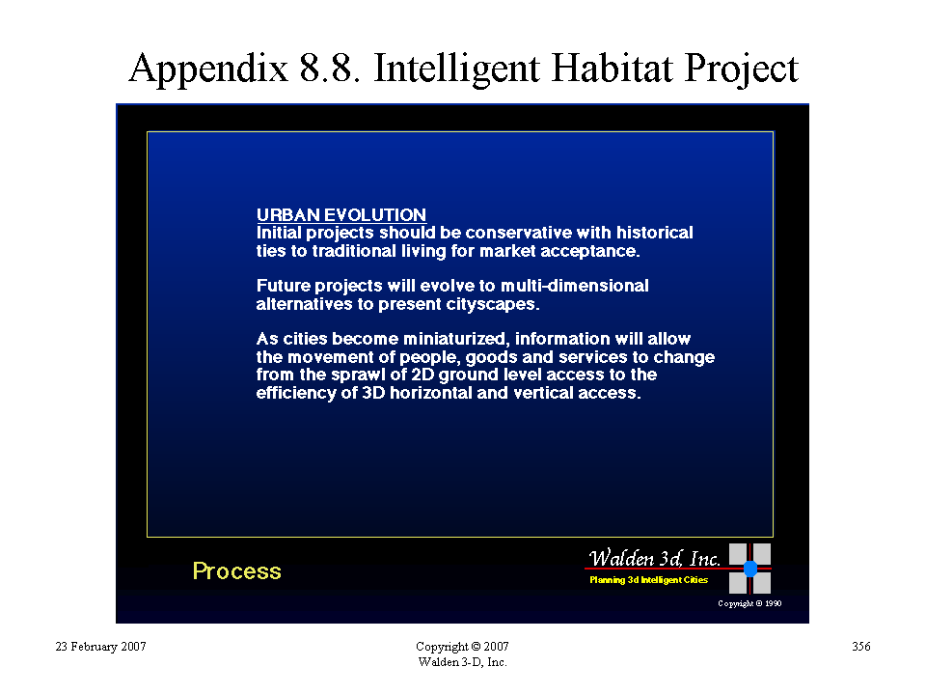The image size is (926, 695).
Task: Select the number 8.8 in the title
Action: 330,68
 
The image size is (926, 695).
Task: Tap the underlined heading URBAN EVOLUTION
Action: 341,214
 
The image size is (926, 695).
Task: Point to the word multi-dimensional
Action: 575,286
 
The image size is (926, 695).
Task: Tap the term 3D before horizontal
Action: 373,393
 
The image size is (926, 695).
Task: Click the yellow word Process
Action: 237,571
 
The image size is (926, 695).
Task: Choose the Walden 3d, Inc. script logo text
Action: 654,558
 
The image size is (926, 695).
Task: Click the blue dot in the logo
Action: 750,569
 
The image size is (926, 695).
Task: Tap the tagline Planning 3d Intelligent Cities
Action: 648,580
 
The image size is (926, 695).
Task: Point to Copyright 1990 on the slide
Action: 749,603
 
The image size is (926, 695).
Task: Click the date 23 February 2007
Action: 100,647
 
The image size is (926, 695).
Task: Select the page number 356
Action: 861,647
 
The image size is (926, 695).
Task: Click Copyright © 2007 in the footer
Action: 462,647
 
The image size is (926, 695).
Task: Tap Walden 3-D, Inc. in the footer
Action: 462,662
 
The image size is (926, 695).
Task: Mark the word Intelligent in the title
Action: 456,68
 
